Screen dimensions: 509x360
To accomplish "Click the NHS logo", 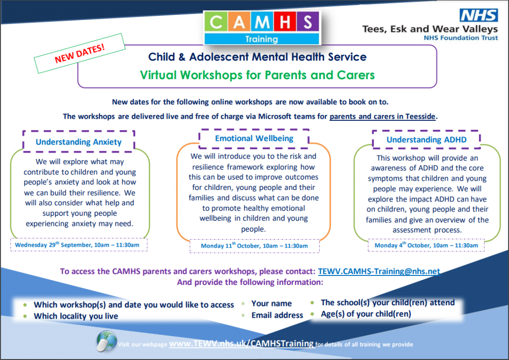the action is coord(479,15).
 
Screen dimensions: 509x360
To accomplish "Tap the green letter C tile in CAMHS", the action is coord(216,22).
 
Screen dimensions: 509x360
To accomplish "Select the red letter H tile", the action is coord(285,22).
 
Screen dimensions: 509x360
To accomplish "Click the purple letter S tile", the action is coord(307,22).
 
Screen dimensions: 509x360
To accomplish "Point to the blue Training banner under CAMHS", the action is coord(261,39).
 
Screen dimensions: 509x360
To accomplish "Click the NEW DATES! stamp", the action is coord(80,53).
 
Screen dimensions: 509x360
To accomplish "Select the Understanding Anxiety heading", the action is coord(79,142).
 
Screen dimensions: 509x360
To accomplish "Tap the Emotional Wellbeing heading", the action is coord(254,138).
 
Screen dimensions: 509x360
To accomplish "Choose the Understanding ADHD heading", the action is coord(426,140).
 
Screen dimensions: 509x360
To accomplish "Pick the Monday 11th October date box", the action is coord(254,246).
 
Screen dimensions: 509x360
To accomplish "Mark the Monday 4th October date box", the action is coord(426,245).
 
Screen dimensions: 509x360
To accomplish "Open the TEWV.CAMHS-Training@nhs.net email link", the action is coord(379,271).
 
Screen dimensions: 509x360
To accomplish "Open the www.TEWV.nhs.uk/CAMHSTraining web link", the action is coord(242,344).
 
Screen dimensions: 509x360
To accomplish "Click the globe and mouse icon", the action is coord(106,341).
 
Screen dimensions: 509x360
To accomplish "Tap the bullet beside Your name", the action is coord(243,304).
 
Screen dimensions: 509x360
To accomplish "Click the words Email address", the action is coord(277,315).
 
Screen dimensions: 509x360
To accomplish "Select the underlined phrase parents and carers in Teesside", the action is coord(382,116).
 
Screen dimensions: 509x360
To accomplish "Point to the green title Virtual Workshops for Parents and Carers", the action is coord(257,75).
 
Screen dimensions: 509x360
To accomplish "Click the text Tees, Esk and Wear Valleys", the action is coord(430,29).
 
